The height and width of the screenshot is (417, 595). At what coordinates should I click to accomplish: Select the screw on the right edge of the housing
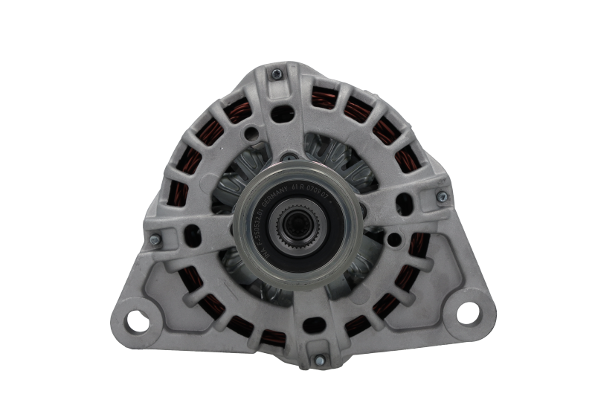tap(443, 195)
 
